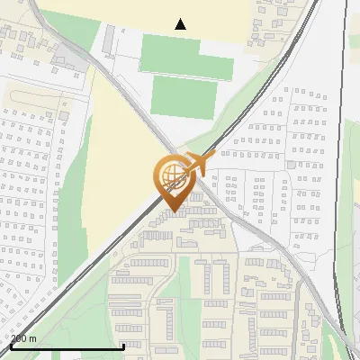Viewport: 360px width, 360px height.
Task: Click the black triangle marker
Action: coord(181,24)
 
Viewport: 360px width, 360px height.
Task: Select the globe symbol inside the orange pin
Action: coord(171,175)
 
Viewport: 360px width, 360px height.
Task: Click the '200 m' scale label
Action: coord(23,338)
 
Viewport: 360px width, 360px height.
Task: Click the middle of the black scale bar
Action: coord(67,346)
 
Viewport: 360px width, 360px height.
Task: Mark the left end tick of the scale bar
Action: coord(11,345)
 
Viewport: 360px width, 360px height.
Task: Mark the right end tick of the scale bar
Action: coord(122,345)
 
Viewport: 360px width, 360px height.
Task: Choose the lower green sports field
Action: coord(184,94)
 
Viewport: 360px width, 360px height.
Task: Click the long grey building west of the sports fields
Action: coord(109,39)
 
